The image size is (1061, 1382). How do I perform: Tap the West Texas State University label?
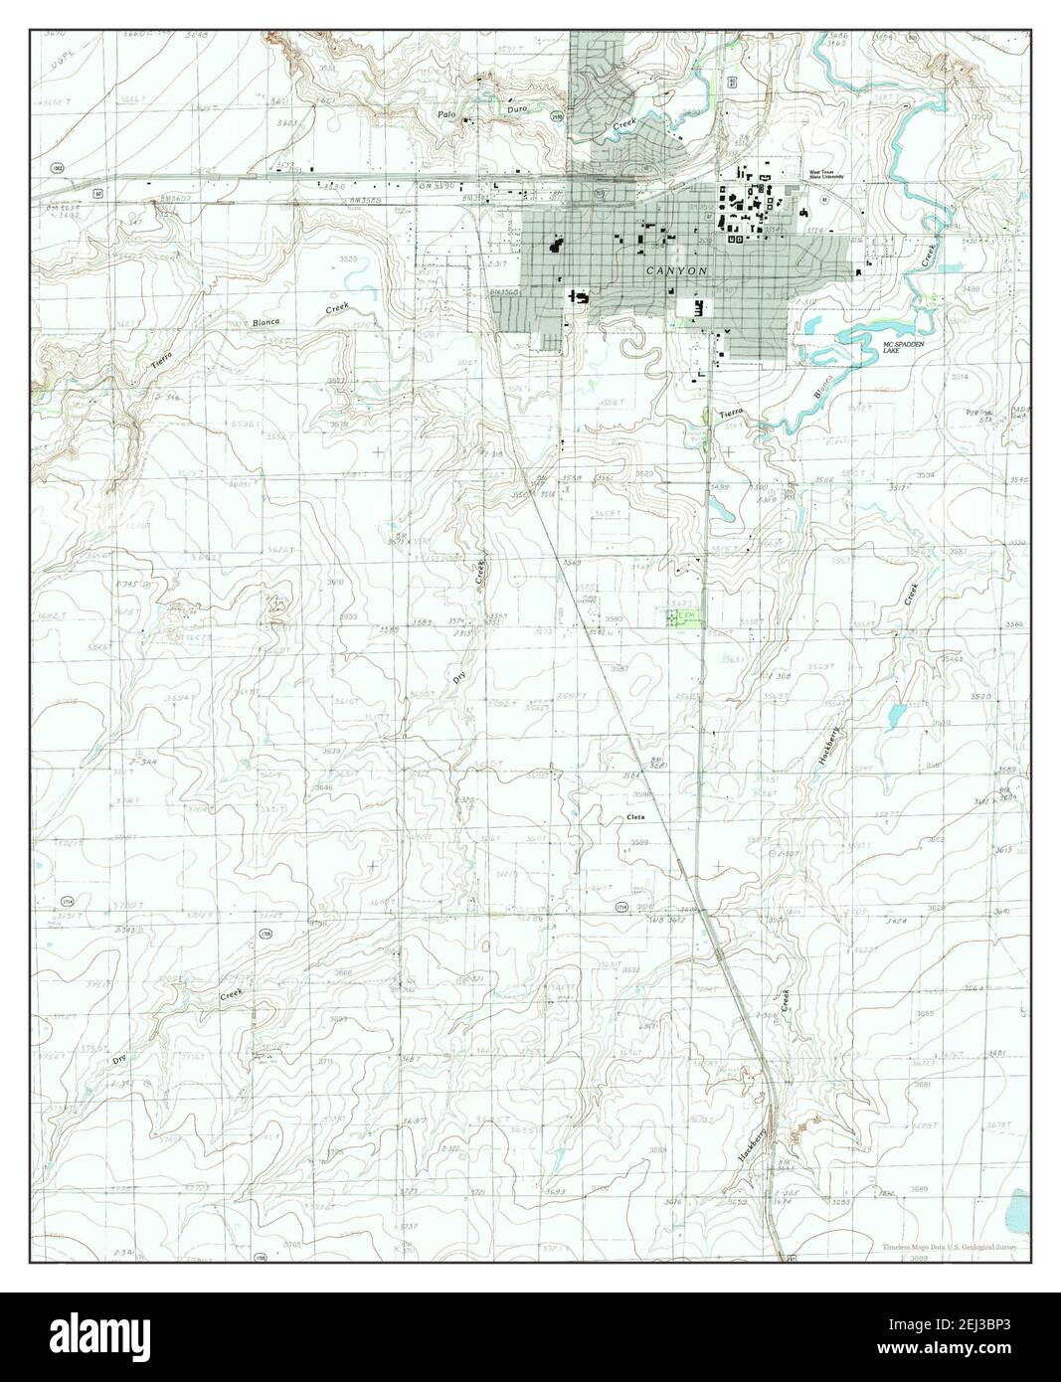pyautogui.click(x=825, y=174)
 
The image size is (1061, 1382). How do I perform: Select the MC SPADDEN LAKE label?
pyautogui.click(x=905, y=347)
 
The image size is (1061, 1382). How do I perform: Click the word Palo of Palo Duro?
pyautogui.click(x=447, y=115)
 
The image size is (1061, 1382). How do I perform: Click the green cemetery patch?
pyautogui.click(x=682, y=618)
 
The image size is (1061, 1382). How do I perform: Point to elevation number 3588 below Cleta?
pyautogui.click(x=638, y=842)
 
